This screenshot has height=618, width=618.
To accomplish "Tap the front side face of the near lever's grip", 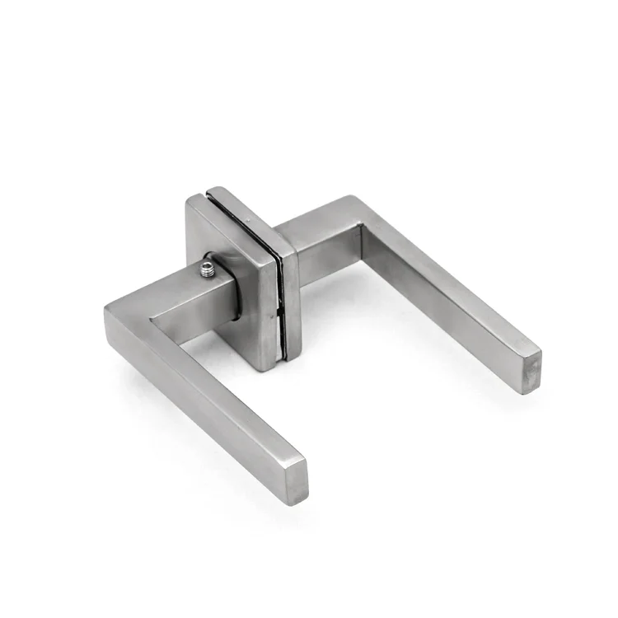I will point(198,412).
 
